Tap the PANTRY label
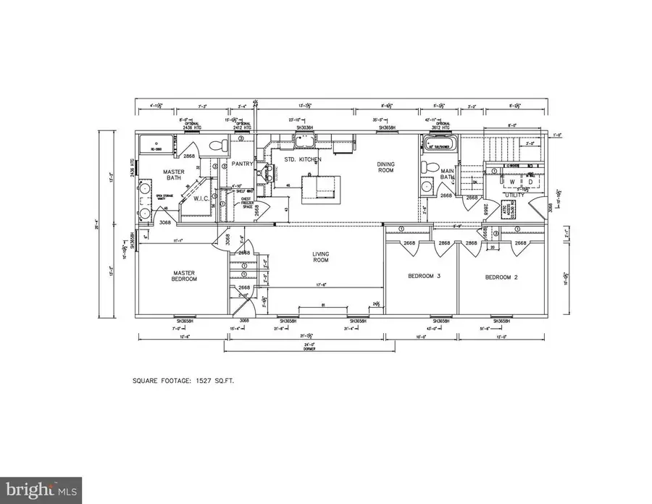click(243, 164)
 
